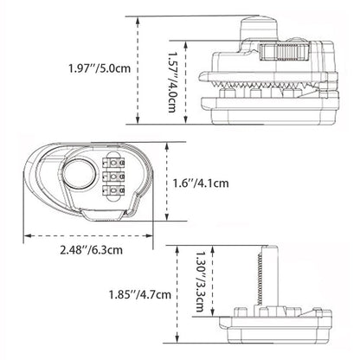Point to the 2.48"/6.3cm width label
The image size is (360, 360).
tap(90, 251)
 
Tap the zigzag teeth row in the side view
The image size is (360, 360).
tap(260, 93)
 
